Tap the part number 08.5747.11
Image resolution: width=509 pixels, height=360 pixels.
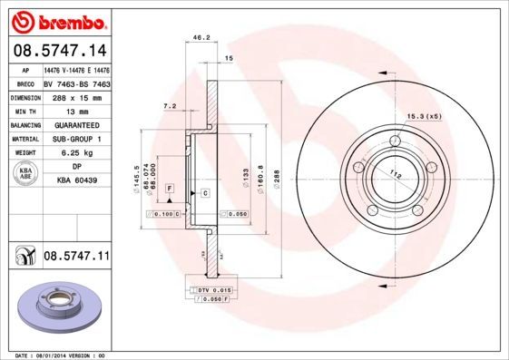point(76,258)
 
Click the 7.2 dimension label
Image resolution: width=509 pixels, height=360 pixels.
point(169,106)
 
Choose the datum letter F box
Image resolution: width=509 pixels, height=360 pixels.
point(170,188)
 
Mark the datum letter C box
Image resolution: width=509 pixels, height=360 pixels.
point(205,193)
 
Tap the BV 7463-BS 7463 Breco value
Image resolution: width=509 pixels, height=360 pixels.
point(76,82)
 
